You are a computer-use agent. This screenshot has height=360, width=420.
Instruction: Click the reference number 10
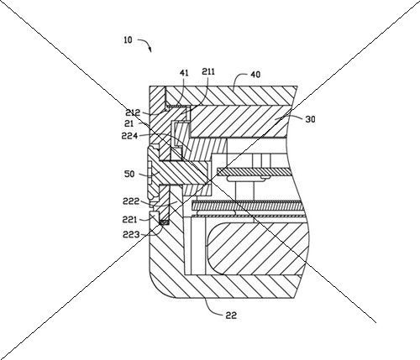tap(128, 40)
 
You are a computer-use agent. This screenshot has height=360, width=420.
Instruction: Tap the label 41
tap(184, 73)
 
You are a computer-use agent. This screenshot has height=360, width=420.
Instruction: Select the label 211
tap(208, 72)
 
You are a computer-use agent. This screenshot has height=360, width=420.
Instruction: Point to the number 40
tap(255, 75)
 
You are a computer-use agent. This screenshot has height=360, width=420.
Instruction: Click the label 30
tap(310, 119)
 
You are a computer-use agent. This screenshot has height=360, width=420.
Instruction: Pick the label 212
tap(133, 113)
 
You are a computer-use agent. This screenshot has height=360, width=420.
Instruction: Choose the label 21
tap(129, 123)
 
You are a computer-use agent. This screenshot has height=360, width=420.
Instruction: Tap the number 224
tap(129, 136)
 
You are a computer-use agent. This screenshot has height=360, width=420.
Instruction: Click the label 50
tap(129, 175)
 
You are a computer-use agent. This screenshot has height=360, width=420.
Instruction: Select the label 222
tap(131, 201)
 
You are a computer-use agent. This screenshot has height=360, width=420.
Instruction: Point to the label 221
tap(129, 220)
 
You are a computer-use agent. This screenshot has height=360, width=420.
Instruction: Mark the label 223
tap(131, 234)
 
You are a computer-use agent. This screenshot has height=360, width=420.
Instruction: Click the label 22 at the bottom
tap(231, 316)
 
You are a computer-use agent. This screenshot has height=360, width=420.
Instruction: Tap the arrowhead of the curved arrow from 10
tap(150, 50)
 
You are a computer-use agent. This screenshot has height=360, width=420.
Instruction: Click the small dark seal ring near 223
tap(164, 222)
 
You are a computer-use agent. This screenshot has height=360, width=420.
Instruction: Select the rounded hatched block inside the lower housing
tap(256, 248)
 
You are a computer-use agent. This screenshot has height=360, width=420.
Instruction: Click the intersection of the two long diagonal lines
tap(211, 180)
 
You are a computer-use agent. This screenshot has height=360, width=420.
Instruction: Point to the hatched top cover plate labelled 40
tap(229, 96)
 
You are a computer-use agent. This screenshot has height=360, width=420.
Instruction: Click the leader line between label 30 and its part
tap(290, 117)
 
